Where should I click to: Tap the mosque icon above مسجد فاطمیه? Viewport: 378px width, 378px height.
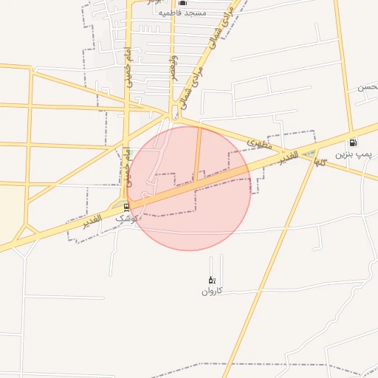point(182,3)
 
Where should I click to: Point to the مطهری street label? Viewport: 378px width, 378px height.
point(261,140)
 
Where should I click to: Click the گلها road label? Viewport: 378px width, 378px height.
point(319,159)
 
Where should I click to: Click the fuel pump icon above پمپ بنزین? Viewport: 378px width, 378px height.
point(353,142)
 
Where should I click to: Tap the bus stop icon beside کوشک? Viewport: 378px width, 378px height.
point(126,207)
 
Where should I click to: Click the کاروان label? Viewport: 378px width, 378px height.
point(211,291)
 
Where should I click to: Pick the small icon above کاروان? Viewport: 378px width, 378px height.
point(211,280)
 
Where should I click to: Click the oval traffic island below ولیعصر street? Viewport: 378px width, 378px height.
point(174,111)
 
